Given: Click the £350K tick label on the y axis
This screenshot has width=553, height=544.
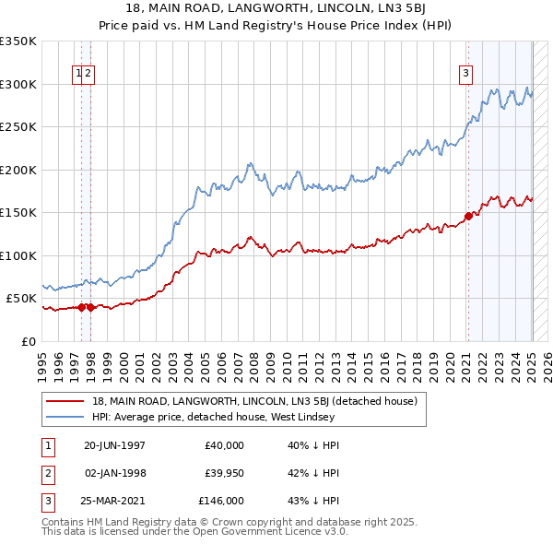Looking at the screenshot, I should [18, 41].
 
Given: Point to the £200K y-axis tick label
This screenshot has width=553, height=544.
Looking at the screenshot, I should [18, 170].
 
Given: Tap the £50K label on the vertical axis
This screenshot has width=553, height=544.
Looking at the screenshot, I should [22, 299].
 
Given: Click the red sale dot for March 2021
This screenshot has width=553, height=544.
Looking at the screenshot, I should [468, 216].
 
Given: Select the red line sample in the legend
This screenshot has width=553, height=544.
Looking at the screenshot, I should [65, 401].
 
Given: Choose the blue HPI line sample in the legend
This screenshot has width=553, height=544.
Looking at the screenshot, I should [65, 417].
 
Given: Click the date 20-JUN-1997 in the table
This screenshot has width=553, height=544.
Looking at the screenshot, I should [116, 445].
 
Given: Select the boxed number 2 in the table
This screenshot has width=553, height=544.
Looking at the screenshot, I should [45, 473].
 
